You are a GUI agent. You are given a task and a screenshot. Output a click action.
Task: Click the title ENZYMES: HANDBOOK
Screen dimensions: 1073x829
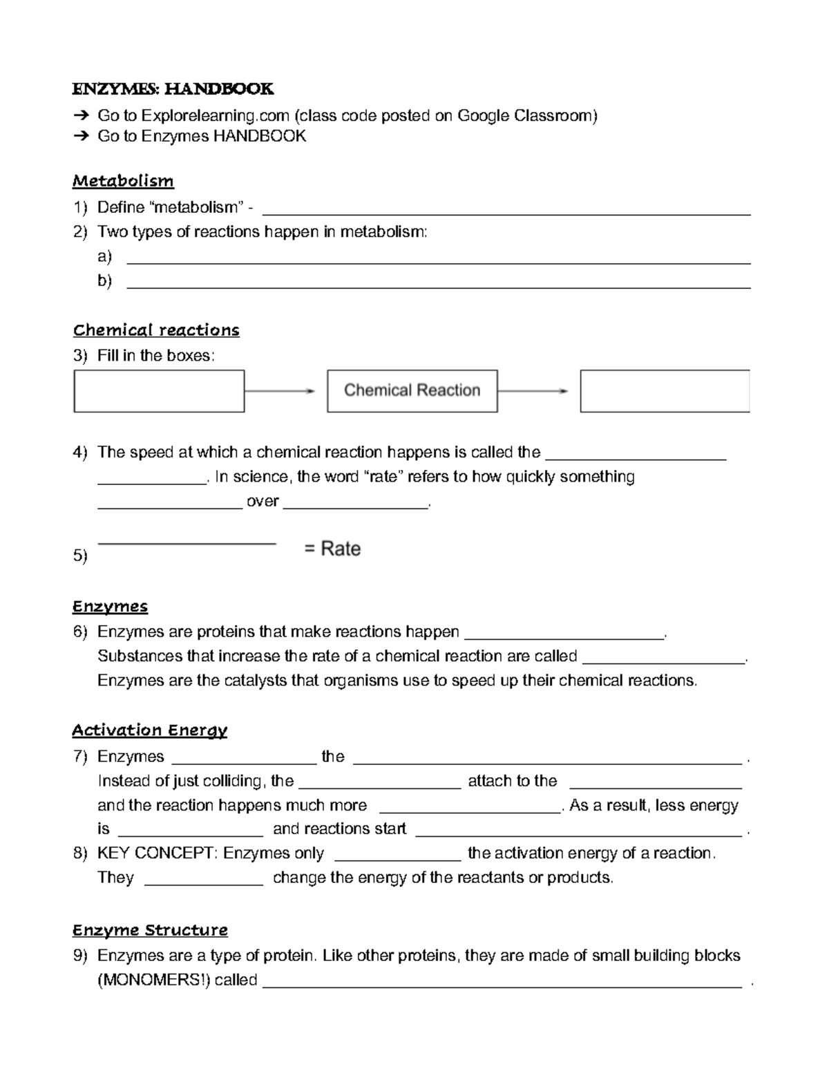coord(173,89)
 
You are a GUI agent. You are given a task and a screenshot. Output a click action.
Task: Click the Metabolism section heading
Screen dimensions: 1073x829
coord(123,181)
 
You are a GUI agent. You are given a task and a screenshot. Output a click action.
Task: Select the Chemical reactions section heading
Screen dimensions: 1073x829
coord(156,330)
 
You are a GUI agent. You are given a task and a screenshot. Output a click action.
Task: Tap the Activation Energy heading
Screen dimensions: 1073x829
coord(150,730)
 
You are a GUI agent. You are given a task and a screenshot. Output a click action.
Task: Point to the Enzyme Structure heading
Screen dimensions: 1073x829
coord(150,930)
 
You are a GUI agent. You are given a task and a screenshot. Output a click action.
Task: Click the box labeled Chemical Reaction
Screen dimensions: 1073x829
coord(412,391)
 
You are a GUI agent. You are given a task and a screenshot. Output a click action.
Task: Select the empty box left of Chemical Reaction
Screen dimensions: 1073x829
coord(159,391)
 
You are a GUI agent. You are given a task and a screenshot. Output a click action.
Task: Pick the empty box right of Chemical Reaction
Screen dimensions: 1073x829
coord(665,391)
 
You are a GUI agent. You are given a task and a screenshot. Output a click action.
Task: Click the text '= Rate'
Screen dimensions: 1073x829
coord(332,549)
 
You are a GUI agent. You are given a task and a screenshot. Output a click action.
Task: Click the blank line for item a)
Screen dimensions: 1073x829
coord(439,262)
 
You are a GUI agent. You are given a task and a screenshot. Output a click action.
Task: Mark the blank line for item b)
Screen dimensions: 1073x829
coord(439,286)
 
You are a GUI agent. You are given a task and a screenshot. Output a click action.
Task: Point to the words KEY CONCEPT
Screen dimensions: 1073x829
coord(157,853)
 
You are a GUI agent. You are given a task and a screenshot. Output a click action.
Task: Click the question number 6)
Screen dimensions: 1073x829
coord(80,632)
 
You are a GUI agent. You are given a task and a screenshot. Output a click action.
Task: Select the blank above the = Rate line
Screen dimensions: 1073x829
coord(187,543)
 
